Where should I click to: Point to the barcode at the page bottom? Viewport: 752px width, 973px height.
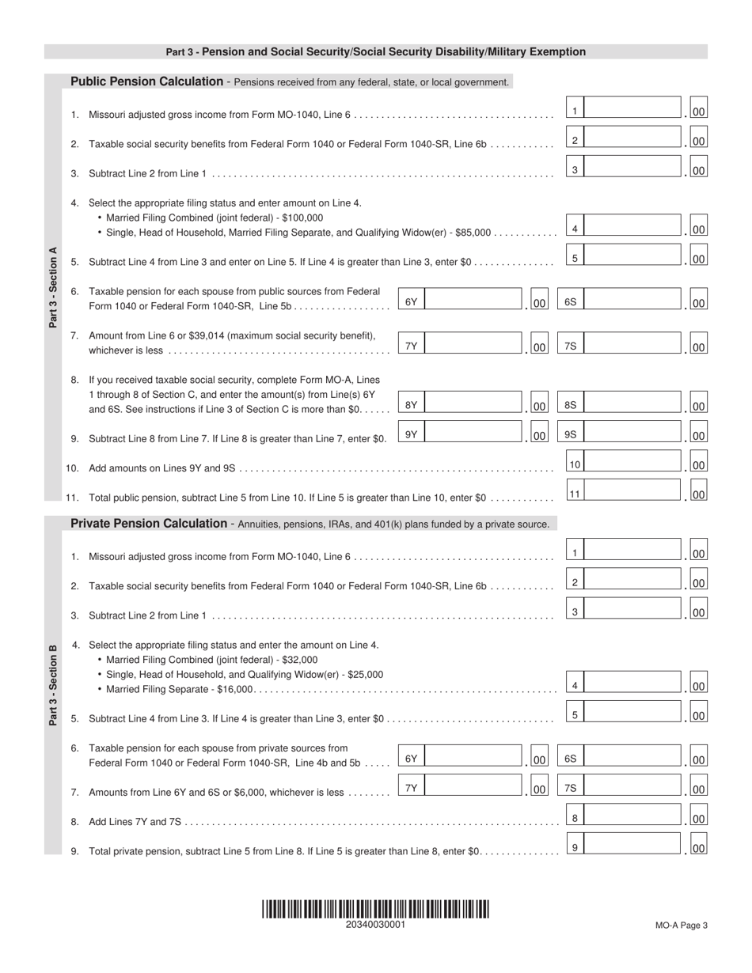(375, 909)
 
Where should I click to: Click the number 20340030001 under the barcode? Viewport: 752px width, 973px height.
(375, 925)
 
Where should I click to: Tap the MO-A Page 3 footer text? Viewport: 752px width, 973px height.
(681, 926)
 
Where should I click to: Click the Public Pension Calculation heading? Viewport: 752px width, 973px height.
(147, 81)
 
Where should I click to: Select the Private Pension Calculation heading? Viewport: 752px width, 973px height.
(149, 524)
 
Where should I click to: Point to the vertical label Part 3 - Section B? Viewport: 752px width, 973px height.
(53, 685)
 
